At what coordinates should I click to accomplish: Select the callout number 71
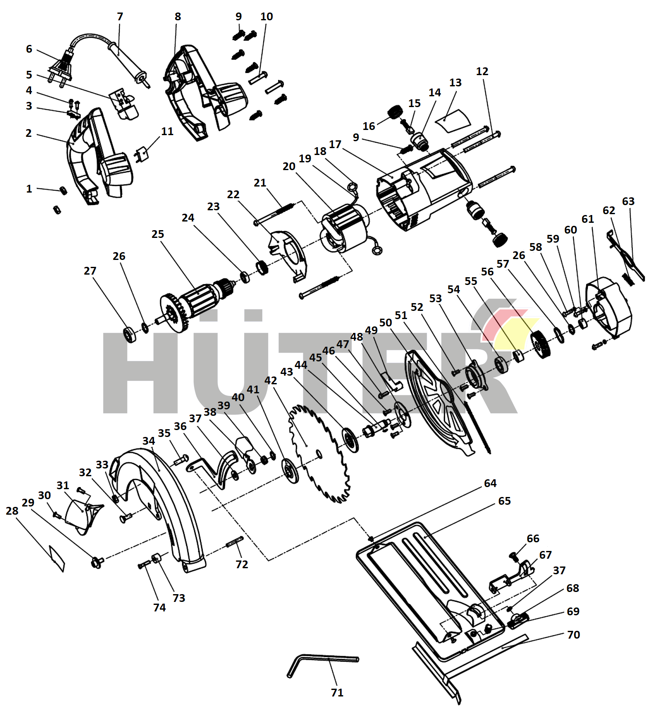(x=337, y=693)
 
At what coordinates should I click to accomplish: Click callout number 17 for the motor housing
(x=335, y=144)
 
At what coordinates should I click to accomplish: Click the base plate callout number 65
(x=504, y=501)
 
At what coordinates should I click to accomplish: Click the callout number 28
(x=12, y=511)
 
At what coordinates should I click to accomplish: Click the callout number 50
(x=385, y=323)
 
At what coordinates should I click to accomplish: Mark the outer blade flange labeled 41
(x=290, y=471)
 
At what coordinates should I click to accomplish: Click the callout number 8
(x=178, y=16)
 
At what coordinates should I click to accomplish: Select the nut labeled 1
(x=63, y=190)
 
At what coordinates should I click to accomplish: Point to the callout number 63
(x=628, y=201)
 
